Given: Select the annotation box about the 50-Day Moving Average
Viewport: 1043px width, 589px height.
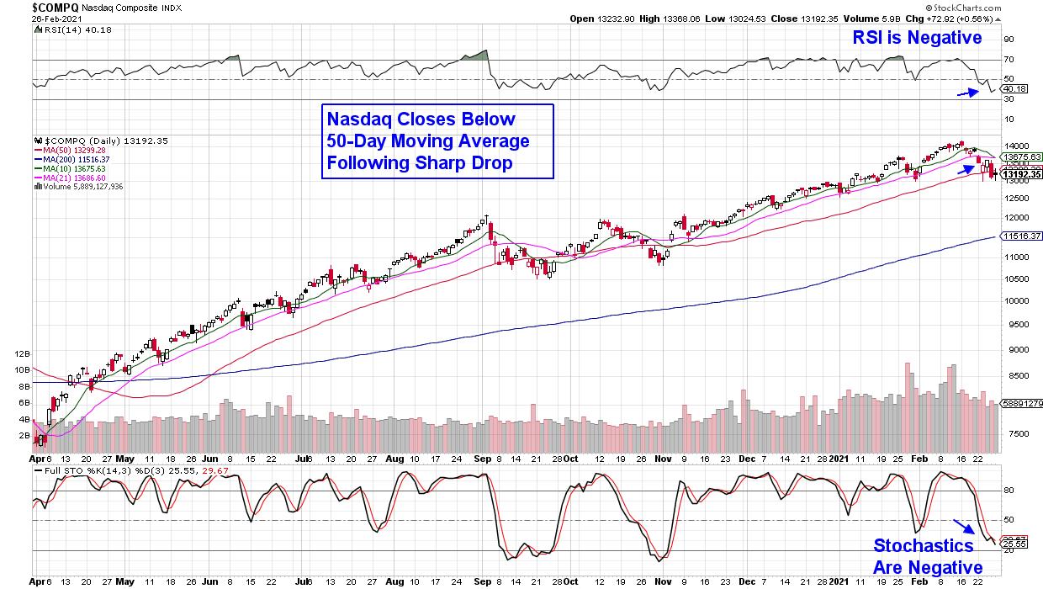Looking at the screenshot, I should click(x=437, y=141).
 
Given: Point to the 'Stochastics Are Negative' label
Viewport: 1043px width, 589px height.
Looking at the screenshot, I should click(x=928, y=555).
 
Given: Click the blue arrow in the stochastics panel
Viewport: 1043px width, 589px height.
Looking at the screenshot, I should click(x=964, y=527).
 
